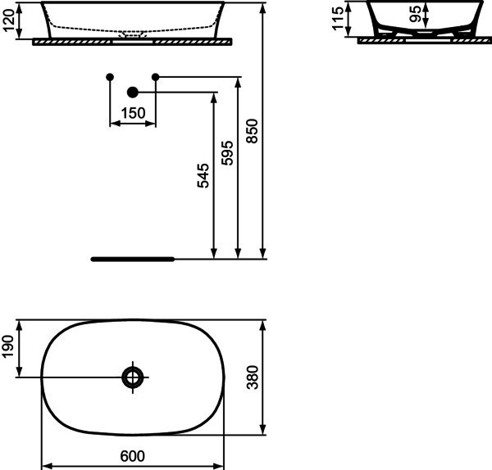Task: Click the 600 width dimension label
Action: tap(132, 456)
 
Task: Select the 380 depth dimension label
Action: tap(253, 377)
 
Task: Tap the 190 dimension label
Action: tap(8, 346)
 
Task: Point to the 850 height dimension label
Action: tap(252, 131)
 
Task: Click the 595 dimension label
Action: tap(227, 153)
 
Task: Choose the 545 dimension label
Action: tap(203, 175)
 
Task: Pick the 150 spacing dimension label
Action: tap(133, 113)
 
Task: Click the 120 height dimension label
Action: tap(8, 20)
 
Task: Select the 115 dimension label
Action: tap(338, 19)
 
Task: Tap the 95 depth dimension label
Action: tap(416, 14)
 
